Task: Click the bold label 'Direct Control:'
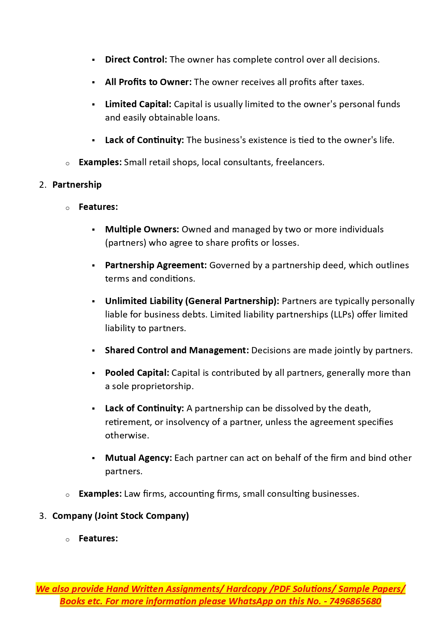(136, 60)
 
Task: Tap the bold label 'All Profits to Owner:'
(148, 82)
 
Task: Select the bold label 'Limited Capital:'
(138, 104)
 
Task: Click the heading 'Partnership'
(77, 185)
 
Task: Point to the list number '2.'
(43, 185)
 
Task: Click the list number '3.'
(43, 516)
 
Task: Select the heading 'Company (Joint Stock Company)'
(121, 516)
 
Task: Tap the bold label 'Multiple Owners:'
(142, 230)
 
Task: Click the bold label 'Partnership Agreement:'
(156, 265)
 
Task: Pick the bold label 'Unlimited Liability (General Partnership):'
(192, 301)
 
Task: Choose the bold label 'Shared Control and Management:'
(177, 351)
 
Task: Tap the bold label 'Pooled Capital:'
(137, 373)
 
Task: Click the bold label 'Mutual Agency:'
(138, 458)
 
